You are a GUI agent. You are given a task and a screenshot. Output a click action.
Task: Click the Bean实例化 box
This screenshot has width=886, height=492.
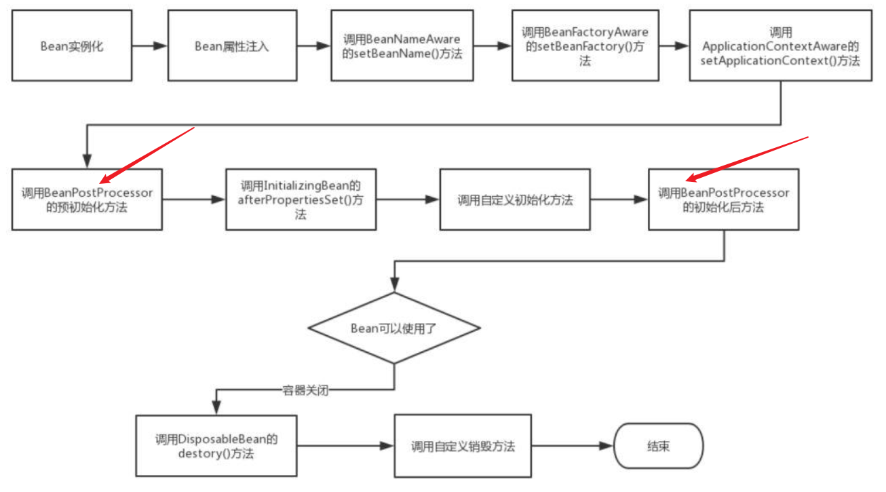click(72, 47)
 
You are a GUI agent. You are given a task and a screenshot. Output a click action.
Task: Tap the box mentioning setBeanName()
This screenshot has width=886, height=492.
click(402, 47)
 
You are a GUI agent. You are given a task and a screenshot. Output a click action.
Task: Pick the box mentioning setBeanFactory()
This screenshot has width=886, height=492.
click(585, 46)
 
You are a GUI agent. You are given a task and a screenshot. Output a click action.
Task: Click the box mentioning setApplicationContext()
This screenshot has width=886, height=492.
click(781, 46)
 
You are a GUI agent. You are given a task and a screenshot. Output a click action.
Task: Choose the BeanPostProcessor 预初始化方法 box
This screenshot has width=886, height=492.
click(87, 200)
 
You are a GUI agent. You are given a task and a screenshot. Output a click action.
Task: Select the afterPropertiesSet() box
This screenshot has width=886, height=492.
click(301, 200)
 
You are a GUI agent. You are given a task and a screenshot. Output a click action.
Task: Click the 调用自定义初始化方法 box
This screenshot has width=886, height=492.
click(514, 200)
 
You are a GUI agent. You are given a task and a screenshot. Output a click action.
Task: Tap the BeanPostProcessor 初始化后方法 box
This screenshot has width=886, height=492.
click(723, 200)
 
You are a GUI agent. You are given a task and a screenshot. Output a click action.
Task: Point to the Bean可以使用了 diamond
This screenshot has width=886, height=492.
click(394, 328)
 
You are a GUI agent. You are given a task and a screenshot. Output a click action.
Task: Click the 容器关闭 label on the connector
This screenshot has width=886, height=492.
click(305, 391)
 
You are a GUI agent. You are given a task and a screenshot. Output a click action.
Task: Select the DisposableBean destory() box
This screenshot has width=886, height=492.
click(216, 447)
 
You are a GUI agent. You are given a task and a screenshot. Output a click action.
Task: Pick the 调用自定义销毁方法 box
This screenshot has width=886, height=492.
click(463, 447)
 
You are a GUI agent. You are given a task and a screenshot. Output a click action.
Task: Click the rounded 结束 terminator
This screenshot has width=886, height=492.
click(658, 447)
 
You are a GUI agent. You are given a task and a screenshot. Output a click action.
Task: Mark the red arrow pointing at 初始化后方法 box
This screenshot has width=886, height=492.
click(746, 159)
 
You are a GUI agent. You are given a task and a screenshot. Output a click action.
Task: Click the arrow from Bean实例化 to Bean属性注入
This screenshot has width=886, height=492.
click(150, 46)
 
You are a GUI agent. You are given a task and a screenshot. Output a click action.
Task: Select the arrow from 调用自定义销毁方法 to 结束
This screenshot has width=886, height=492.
click(573, 447)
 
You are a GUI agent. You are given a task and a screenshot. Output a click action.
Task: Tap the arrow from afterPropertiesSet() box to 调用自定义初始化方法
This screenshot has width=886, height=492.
click(408, 200)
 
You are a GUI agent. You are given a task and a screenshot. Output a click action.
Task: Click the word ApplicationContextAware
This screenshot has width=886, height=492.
click(781, 47)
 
